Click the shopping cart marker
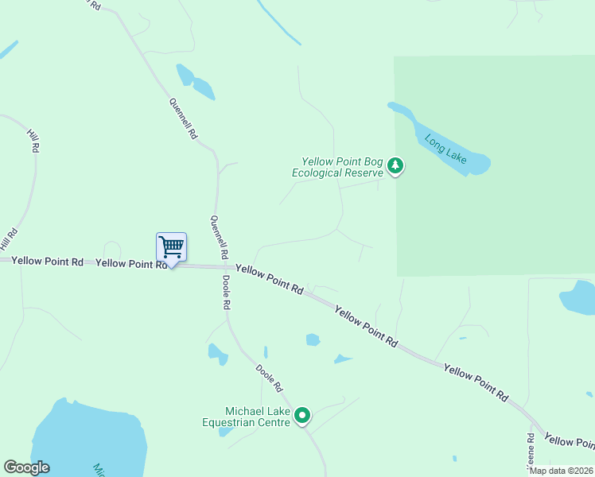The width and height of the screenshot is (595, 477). point(171,247)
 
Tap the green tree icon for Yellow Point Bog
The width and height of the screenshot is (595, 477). point(396,166)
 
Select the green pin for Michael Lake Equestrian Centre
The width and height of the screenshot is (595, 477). point(302,415)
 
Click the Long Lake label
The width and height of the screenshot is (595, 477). point(445,149)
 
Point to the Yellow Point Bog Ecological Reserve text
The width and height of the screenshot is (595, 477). point(338,167)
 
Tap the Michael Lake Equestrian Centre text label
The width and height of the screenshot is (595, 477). point(247,415)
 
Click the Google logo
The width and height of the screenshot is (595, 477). point(26,467)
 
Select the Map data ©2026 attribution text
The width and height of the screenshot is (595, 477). point(562,471)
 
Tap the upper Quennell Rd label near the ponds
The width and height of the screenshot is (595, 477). point(183,119)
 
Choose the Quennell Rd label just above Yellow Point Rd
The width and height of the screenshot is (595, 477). point(219,237)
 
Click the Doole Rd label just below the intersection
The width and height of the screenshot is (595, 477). point(227,293)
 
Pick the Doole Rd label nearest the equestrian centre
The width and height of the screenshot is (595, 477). point(269,378)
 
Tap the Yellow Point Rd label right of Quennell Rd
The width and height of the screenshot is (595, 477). point(270,280)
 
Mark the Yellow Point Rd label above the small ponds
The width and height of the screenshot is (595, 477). point(365,326)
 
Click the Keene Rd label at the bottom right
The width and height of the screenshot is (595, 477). point(531,449)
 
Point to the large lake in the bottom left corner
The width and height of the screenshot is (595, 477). point(87,441)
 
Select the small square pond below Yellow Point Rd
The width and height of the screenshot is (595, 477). point(313,340)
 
